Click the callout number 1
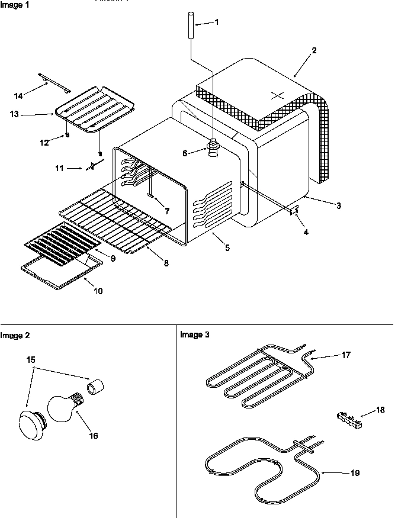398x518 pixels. point(216,22)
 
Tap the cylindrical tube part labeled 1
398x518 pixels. point(191,25)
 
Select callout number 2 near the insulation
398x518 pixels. point(314,50)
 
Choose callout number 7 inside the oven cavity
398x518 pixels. point(167,210)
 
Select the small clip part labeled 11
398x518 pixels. point(92,168)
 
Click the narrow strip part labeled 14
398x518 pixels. point(54,83)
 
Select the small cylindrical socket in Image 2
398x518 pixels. point(95,388)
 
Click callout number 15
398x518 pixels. point(30,359)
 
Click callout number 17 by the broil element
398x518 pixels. point(346,355)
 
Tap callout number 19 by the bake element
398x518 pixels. point(354,473)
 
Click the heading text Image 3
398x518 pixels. point(194,335)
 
